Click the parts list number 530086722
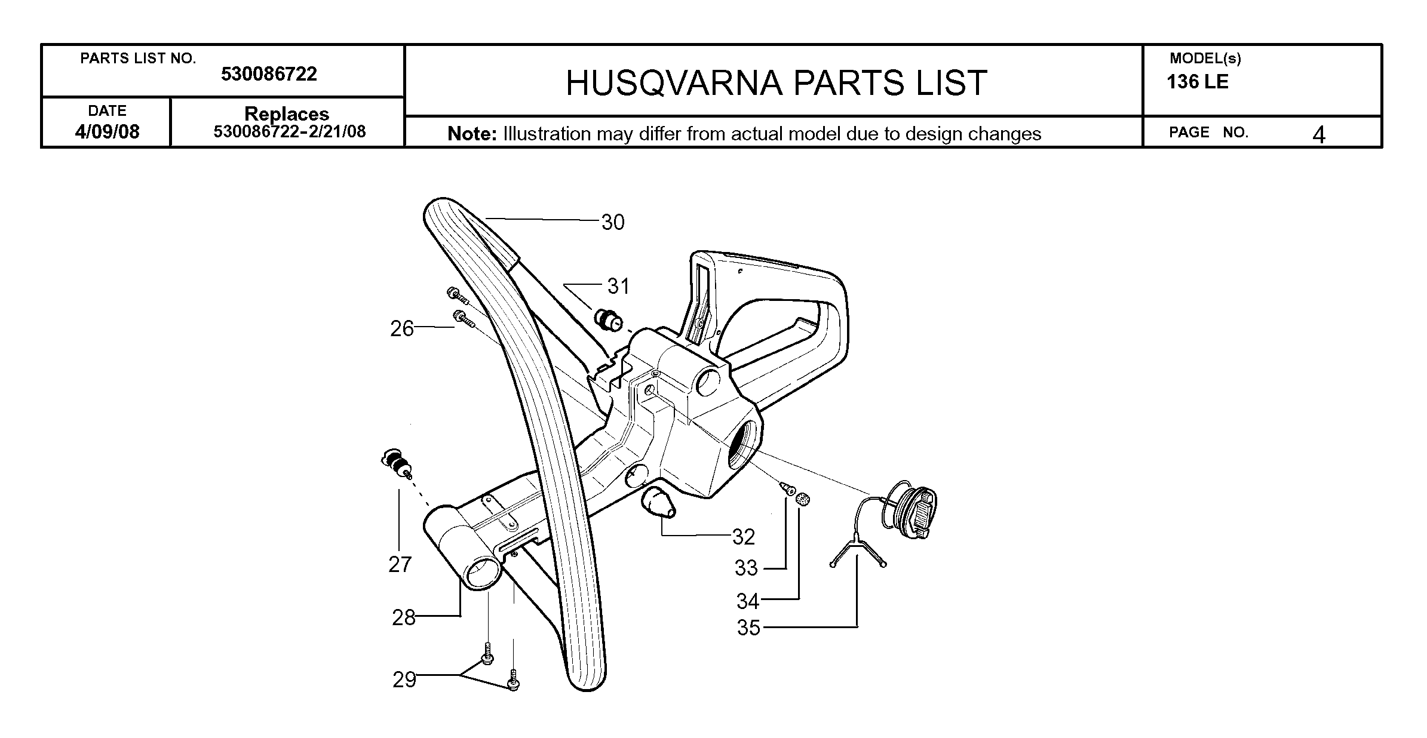point(269,74)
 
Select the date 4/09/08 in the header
point(107,131)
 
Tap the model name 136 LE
point(1198,82)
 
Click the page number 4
point(1319,135)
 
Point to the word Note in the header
point(472,134)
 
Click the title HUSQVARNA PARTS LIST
point(776,82)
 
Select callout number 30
point(613,222)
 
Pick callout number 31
point(619,287)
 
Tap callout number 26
point(402,328)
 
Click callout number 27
point(400,564)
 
